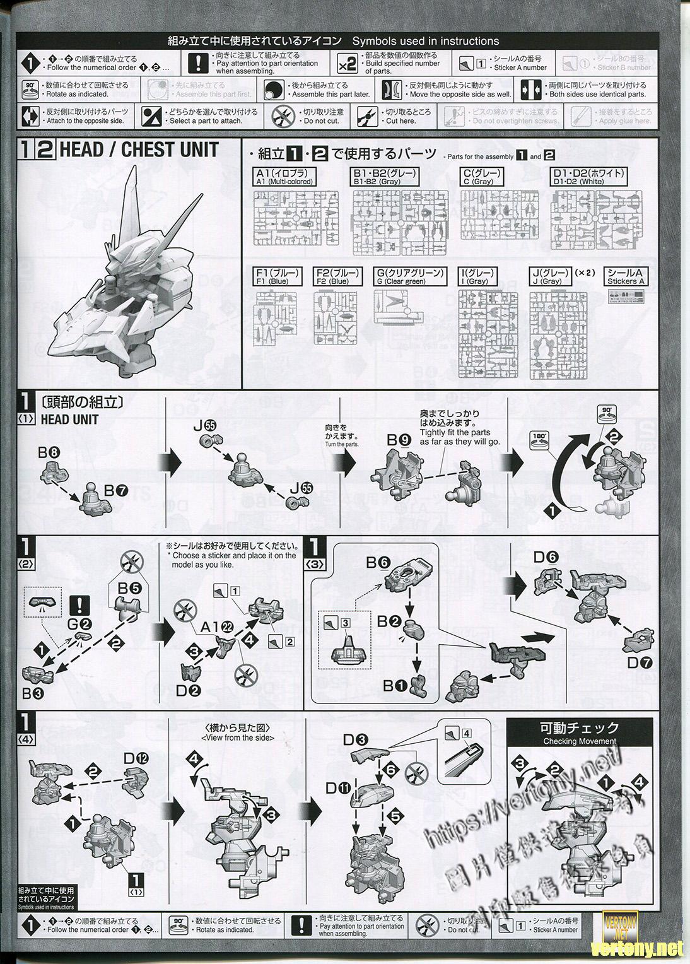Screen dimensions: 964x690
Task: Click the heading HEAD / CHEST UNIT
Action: pyautogui.click(x=137, y=150)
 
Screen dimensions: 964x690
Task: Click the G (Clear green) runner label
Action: pyautogui.click(x=409, y=276)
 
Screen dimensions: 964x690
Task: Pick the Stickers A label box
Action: pyautogui.click(x=626, y=276)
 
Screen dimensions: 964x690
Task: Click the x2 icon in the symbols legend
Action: pyautogui.click(x=348, y=64)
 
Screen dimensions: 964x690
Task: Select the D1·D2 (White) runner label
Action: pyautogui.click(x=588, y=176)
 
